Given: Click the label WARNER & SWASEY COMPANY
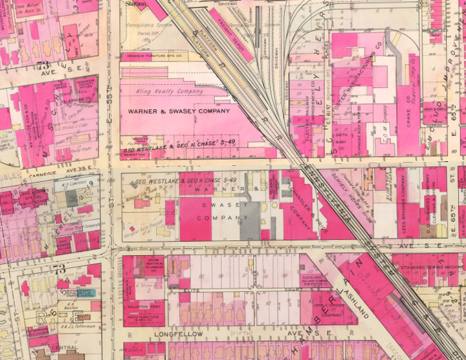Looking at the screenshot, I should click(x=179, y=111).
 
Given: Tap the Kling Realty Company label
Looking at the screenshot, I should click(x=170, y=93).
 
